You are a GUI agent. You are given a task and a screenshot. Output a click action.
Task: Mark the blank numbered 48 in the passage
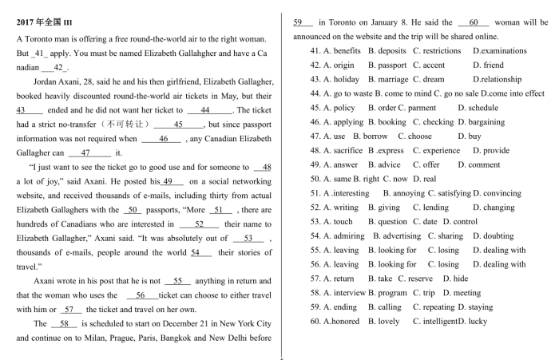(262, 168)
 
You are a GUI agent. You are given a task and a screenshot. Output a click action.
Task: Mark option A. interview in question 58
(343, 293)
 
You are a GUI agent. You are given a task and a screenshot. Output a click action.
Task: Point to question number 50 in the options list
(315, 179)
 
